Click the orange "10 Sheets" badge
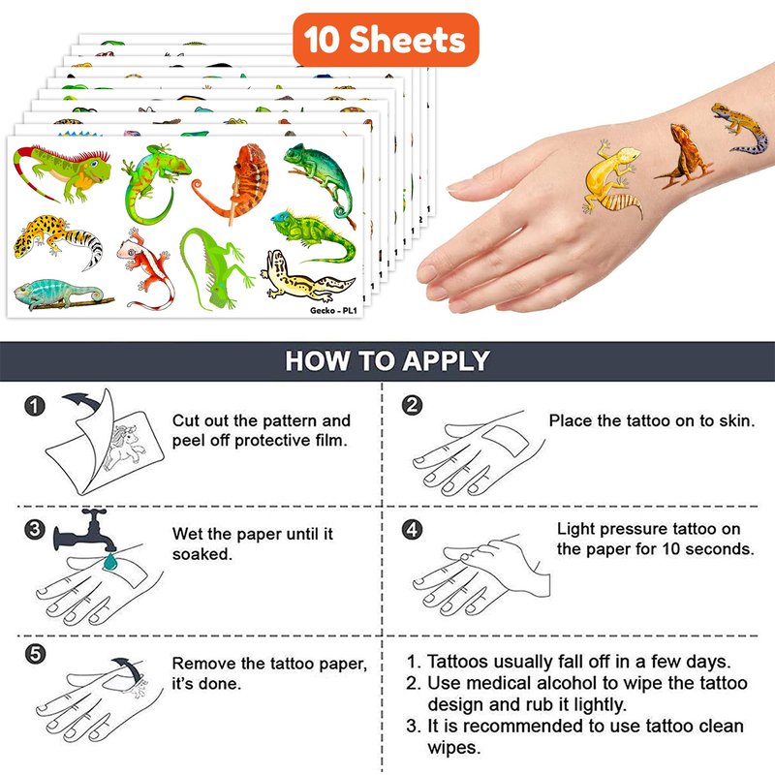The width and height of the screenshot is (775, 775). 386,40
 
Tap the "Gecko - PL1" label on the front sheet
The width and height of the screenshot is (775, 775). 333,310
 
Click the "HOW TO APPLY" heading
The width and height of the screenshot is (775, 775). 387,360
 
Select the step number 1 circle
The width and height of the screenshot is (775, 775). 35,406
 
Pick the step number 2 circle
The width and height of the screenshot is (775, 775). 413,405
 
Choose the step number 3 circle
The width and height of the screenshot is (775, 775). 35,529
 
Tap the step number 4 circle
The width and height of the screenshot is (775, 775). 413,529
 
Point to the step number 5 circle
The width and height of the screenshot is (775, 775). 35,655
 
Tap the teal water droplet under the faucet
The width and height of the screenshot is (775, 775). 109,561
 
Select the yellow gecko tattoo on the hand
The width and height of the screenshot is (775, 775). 612,179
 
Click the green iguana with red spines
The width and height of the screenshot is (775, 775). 62,170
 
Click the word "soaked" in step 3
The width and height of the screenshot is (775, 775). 202,554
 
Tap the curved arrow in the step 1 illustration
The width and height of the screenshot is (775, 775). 83,400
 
